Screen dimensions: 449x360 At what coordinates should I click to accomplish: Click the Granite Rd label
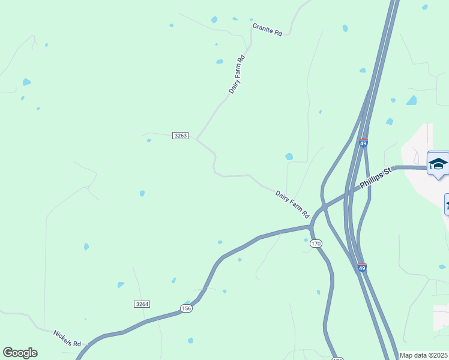pos(267,30)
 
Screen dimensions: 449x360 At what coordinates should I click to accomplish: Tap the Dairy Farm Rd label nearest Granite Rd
pos(238,74)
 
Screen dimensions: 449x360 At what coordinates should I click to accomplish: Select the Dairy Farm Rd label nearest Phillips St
pos(292,204)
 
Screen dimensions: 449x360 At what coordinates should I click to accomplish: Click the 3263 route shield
pos(180,136)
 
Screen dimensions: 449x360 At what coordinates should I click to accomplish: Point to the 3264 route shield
pos(142,304)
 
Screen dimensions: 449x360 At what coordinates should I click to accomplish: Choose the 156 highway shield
pos(186,308)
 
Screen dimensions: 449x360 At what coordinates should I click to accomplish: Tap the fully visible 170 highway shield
pos(316,244)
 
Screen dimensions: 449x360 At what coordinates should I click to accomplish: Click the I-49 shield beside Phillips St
pos(363,143)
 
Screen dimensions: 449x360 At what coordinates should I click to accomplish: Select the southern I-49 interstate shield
pos(361,268)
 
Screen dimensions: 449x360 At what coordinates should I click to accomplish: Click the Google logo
pos(20,353)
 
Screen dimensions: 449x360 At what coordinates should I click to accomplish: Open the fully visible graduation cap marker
pos(438,164)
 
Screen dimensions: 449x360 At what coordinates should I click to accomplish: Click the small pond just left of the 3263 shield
pos(149,140)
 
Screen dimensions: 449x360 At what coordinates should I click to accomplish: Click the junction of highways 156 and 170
pos(311,227)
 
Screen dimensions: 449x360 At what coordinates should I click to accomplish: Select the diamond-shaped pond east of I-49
pos(411,100)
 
